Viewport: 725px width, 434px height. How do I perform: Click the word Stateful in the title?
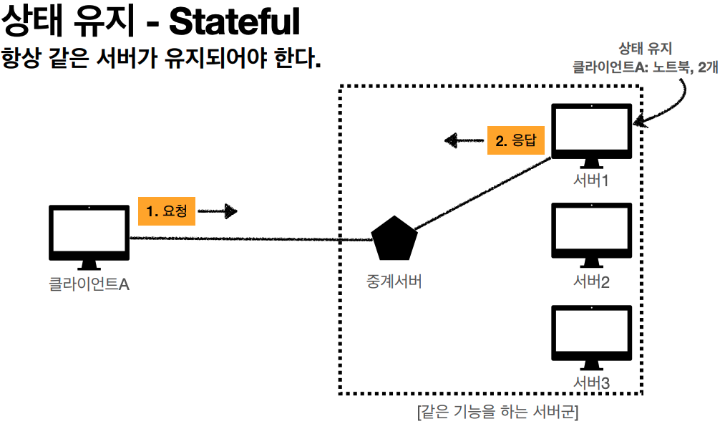click(x=233, y=23)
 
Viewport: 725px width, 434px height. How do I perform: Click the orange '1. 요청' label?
click(x=166, y=211)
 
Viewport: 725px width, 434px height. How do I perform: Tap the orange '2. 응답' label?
click(x=515, y=141)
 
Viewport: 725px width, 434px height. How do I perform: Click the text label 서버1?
click(x=591, y=180)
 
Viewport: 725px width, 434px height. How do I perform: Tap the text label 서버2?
click(x=591, y=281)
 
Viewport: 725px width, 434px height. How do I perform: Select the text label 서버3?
click(x=591, y=384)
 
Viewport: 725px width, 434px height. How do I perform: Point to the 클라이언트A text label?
click(x=89, y=284)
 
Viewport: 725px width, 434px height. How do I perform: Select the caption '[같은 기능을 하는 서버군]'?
click(x=497, y=413)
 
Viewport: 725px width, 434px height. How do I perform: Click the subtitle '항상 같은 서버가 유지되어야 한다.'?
click(x=161, y=57)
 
